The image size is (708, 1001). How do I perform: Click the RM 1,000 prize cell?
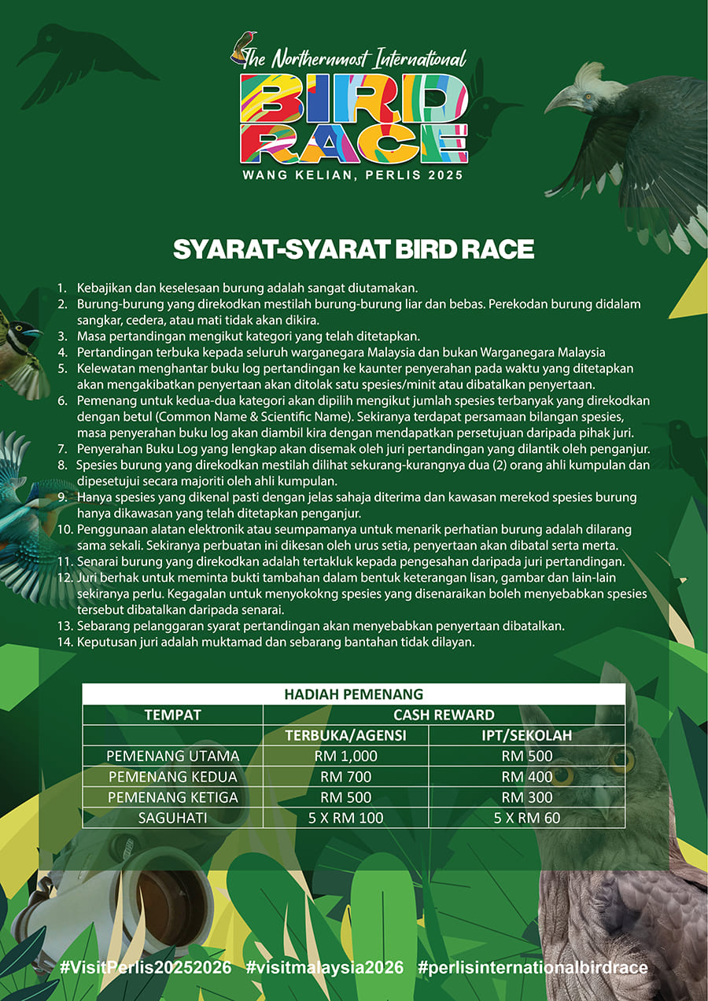345,756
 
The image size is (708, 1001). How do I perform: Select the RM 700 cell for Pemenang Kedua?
345,777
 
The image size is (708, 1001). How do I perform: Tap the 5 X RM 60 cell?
527,818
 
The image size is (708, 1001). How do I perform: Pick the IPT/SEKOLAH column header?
527,736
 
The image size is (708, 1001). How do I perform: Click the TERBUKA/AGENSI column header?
345,736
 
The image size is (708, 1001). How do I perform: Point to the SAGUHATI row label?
173,818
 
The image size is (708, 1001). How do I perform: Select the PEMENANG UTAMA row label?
173,756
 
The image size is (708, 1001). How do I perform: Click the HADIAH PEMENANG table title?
353,694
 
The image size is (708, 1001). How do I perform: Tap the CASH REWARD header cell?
444,715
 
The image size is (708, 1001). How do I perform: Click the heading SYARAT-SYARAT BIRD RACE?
353,249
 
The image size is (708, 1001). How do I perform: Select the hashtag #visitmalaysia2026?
324,967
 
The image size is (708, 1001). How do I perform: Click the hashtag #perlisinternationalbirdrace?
533,967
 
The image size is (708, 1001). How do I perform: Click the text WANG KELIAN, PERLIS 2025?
353,175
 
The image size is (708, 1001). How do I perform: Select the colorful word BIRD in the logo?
353,98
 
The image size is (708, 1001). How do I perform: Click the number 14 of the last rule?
65,642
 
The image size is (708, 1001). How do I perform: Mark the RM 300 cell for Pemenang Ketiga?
527,797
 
